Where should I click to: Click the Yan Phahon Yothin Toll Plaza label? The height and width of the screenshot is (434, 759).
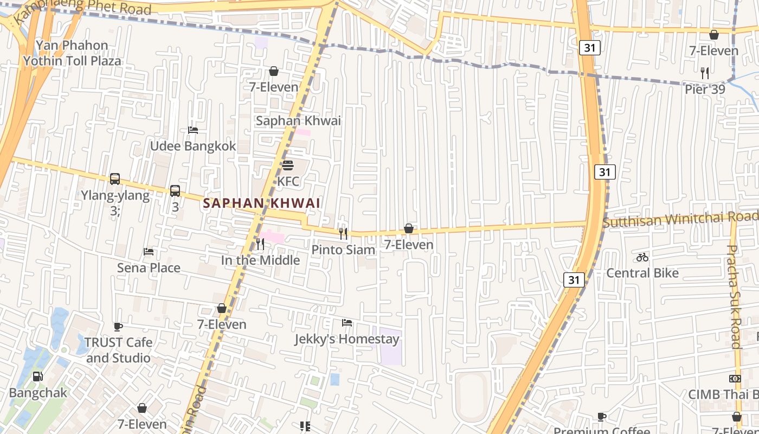pyautogui.click(x=72, y=53)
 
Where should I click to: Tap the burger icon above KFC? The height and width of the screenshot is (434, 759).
pyautogui.click(x=288, y=165)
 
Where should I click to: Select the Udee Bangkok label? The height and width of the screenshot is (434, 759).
pyautogui.click(x=193, y=146)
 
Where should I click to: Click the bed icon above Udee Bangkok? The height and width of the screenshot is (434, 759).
pyautogui.click(x=192, y=130)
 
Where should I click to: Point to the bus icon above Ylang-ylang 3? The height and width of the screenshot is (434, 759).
pyautogui.click(x=115, y=179)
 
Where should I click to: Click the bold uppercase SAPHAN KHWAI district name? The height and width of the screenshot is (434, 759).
pyautogui.click(x=262, y=203)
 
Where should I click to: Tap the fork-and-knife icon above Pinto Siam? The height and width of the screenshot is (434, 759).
pyautogui.click(x=343, y=234)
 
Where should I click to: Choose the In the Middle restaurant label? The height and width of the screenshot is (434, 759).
pyautogui.click(x=260, y=260)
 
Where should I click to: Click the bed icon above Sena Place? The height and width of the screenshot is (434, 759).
pyautogui.click(x=149, y=252)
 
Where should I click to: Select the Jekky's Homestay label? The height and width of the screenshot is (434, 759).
pyautogui.click(x=347, y=339)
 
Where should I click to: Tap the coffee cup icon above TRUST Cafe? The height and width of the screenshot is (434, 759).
pyautogui.click(x=118, y=327)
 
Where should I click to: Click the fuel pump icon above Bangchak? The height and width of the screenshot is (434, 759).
pyautogui.click(x=37, y=376)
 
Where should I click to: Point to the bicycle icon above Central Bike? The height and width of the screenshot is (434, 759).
pyautogui.click(x=642, y=257)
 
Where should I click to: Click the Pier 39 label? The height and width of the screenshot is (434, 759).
pyautogui.click(x=705, y=89)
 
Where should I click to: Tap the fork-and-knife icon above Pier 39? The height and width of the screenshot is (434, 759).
pyautogui.click(x=705, y=73)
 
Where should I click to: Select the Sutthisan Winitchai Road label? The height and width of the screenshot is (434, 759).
pyautogui.click(x=680, y=219)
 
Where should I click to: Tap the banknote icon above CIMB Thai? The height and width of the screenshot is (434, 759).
pyautogui.click(x=735, y=379)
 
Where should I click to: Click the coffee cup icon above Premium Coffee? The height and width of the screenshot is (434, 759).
pyautogui.click(x=601, y=417)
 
